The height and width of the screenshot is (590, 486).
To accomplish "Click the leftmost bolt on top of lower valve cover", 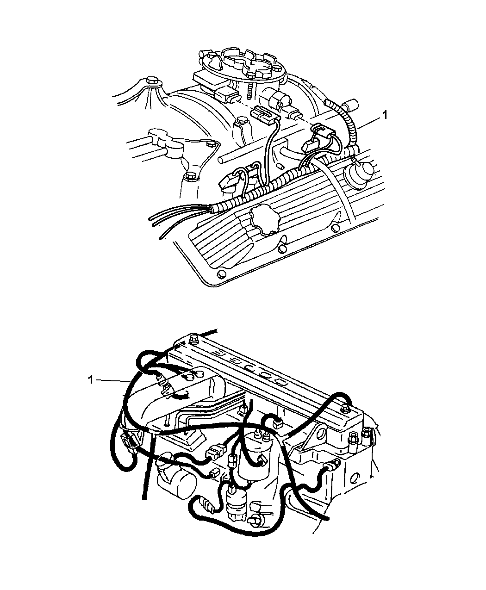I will pos(193,340).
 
